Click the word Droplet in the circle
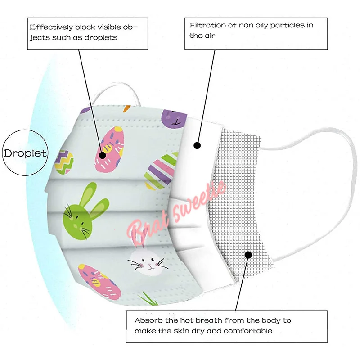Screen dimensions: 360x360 tap(25, 153)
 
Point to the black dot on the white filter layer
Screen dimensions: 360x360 tap(196, 145)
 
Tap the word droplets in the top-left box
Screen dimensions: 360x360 tap(102, 38)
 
